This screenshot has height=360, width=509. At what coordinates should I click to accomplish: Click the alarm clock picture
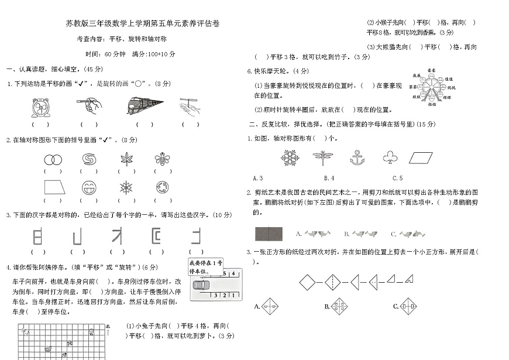point(40,107)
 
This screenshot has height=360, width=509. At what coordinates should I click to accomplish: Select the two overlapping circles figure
point(53,159)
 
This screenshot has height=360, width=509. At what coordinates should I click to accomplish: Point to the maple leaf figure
point(126,159)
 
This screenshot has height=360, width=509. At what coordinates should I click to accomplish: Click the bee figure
point(162,159)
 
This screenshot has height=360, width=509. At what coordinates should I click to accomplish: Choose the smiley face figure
point(89,188)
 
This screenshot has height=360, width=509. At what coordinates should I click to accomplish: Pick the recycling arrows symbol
point(162,188)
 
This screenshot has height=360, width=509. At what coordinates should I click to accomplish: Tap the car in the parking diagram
point(200,285)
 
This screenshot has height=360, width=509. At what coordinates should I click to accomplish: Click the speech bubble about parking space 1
point(205,267)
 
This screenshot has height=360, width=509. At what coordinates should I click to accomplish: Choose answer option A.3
point(257,178)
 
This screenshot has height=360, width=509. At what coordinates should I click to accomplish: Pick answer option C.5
point(397,178)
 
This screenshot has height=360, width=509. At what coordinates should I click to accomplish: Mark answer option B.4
point(329,178)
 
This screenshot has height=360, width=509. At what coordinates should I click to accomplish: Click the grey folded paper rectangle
point(269,234)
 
